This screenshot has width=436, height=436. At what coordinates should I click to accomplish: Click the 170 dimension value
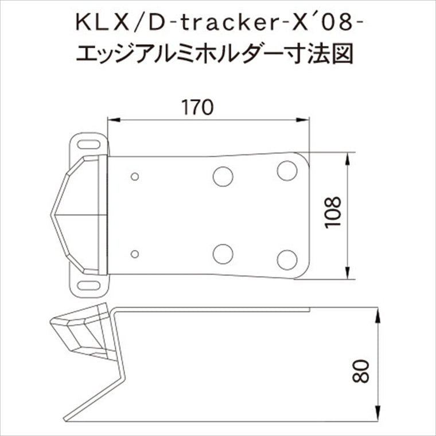(x=197, y=107)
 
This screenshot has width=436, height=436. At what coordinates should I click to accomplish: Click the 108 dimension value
(x=333, y=212)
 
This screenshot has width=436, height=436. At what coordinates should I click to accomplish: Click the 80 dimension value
(x=360, y=371)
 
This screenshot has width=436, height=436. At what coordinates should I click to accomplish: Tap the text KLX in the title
(x=103, y=24)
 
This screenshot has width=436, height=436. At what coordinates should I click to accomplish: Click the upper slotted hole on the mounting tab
(x=89, y=145)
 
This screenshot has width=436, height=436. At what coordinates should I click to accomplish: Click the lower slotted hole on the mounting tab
(x=89, y=285)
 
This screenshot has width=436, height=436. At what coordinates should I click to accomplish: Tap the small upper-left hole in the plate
(x=135, y=177)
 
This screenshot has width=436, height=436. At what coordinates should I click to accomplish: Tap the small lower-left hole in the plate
(x=135, y=254)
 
